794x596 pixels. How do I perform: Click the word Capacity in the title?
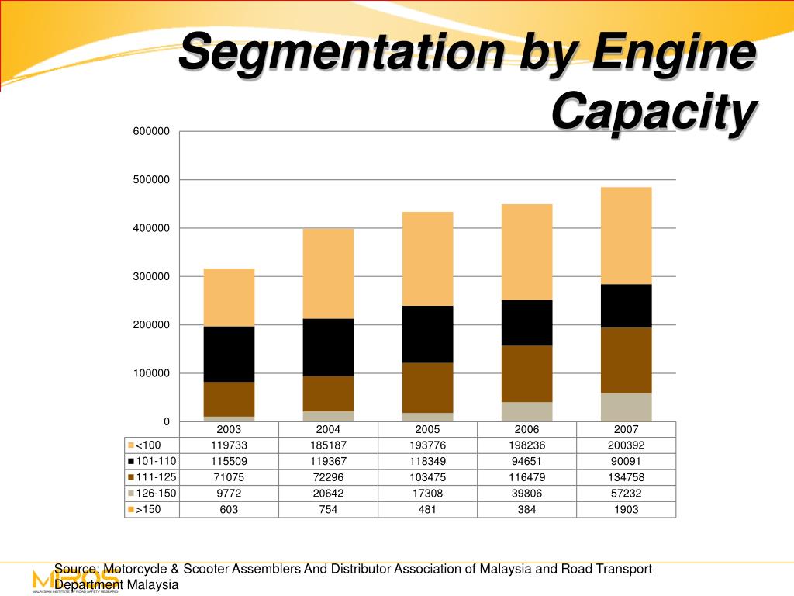click(652, 113)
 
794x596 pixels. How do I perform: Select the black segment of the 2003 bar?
click(229, 354)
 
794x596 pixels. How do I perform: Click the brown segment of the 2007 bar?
click(626, 360)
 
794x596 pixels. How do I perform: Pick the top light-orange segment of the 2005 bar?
click(427, 258)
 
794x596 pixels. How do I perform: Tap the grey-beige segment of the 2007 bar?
click(626, 407)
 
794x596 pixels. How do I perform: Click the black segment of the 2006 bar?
click(526, 323)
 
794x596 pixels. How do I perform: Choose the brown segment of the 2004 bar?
click(328, 393)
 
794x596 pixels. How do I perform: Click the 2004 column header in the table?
click(328, 430)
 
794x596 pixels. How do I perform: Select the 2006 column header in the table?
click(526, 430)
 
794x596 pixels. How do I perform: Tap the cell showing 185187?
click(328, 445)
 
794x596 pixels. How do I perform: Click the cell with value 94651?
click(526, 462)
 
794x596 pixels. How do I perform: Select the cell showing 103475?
click(427, 477)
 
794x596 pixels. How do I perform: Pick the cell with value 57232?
click(626, 494)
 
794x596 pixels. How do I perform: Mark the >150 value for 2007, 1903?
click(626, 509)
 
